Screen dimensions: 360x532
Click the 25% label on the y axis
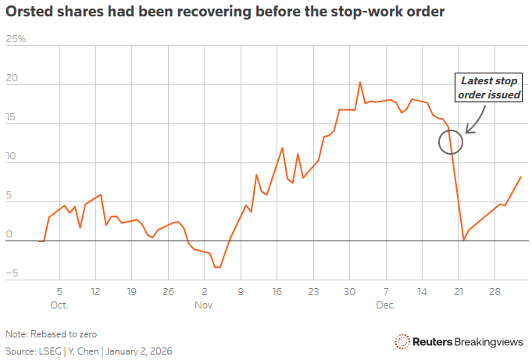point(16,38)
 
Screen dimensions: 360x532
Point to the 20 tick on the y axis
point(10,78)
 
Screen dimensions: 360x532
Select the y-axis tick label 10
point(10,156)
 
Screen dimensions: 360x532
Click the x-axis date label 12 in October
point(95,290)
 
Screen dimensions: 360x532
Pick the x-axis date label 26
point(167,290)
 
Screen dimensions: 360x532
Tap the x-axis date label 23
point(313,290)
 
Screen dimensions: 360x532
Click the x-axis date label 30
point(349,290)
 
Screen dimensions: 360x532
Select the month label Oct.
point(59,304)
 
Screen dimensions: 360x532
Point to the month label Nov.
point(205,304)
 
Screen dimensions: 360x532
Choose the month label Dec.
point(387,304)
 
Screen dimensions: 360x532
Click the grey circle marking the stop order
point(451,141)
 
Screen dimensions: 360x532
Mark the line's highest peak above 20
point(359,82)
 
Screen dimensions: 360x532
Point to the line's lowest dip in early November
point(218,267)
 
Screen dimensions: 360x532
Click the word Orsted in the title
point(28,12)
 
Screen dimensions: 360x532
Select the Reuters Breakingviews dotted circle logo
point(402,341)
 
